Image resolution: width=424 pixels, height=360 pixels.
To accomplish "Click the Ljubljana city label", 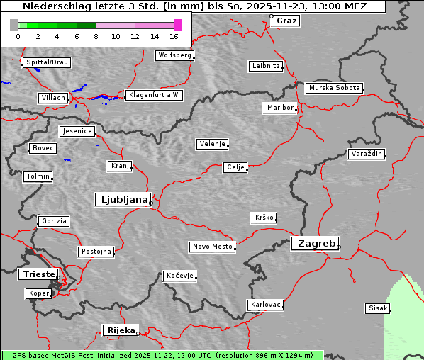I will [122, 200].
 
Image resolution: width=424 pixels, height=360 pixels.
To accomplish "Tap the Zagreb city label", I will [314, 243].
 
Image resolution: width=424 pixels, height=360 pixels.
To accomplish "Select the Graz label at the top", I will [286, 21].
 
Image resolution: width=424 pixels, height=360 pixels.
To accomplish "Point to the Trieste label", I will [36, 274].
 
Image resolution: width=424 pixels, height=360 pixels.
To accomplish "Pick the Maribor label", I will [279, 108].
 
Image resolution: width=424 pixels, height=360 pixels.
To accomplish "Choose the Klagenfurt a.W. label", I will [154, 95].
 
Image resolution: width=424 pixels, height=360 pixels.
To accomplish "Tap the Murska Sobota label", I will [334, 89].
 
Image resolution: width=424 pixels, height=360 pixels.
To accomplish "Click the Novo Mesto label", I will [212, 247].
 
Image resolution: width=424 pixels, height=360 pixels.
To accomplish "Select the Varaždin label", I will [367, 154].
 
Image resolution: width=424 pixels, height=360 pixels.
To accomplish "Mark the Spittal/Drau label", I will [47, 62].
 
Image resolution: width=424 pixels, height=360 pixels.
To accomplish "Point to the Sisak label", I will [376, 308].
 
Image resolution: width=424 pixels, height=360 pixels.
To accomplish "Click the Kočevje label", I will [179, 276].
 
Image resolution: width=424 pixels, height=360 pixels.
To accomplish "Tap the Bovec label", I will [43, 148].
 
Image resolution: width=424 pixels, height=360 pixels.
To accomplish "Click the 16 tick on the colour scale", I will [174, 35].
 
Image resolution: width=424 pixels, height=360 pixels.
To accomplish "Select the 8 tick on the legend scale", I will [96, 35].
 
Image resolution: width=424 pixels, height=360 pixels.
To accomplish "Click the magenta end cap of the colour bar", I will [177, 25].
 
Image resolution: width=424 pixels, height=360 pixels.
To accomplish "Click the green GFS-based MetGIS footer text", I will [162, 355].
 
